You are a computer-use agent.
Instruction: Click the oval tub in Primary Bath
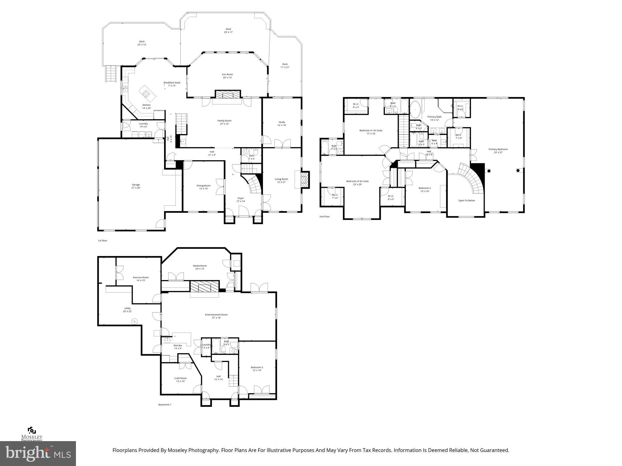click(x=415, y=110)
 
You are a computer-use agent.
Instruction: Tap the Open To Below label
click(x=466, y=201)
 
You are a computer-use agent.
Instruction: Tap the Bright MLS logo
click(x=38, y=453)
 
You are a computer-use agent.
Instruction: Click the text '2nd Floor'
click(x=324, y=217)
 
